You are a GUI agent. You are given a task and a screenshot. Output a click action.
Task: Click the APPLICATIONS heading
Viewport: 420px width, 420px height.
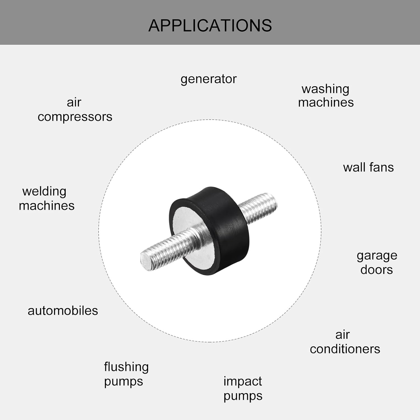(210, 25)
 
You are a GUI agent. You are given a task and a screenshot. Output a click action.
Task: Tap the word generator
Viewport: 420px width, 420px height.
(209, 79)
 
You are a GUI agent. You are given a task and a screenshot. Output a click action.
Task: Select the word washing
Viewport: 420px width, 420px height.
(325, 89)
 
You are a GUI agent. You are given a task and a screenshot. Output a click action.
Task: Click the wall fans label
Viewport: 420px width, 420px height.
(368, 167)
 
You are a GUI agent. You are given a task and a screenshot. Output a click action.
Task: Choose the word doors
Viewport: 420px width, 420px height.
(377, 270)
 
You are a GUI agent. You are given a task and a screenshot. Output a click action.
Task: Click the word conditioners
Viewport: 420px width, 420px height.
(345, 349)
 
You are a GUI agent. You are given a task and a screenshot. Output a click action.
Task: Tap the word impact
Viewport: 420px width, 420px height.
(242, 382)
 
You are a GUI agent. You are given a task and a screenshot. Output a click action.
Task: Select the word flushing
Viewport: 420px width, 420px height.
(126, 367)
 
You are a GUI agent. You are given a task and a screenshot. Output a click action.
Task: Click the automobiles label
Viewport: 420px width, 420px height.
(63, 311)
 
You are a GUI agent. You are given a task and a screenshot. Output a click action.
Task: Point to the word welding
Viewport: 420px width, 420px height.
(44, 192)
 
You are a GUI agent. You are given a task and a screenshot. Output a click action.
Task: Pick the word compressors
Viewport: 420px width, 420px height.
(75, 117)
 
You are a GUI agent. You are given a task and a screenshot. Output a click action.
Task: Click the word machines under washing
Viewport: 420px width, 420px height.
(326, 102)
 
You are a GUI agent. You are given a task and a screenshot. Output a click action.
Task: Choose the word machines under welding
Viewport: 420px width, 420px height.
(47, 206)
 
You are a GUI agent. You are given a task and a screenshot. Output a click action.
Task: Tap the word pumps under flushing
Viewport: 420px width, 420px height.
(123, 382)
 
